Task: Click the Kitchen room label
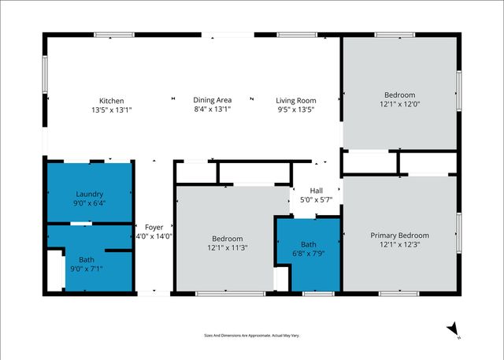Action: coord(111,100)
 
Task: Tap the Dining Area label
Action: coord(212,100)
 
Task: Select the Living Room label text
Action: coord(296,100)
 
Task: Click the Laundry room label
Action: coord(89,194)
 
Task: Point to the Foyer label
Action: coord(154,226)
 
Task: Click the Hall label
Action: coord(316,190)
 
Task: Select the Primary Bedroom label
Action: coord(400,235)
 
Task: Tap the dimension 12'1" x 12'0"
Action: coord(400,104)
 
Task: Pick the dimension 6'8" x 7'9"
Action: coord(308,254)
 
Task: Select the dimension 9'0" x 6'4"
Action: coord(89,203)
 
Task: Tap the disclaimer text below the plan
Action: coord(252,335)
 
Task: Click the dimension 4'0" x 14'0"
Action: coord(154,236)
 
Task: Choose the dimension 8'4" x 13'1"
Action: coord(212,109)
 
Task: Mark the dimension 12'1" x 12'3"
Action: coord(400,244)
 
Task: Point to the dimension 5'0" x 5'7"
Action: coord(316,199)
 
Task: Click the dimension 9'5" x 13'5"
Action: coord(296,109)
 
